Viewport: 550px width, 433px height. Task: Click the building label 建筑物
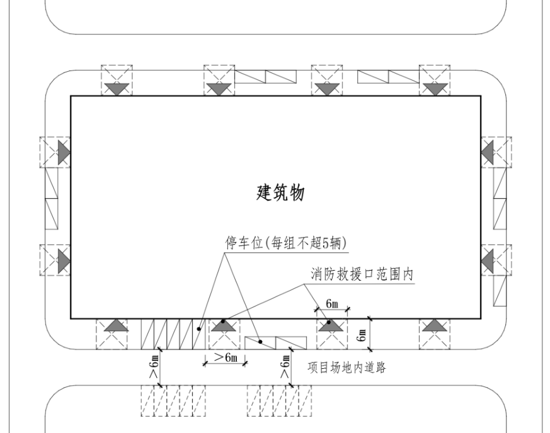click(280, 193)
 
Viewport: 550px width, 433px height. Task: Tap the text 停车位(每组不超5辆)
click(287, 243)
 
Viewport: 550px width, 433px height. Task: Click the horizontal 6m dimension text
click(332, 304)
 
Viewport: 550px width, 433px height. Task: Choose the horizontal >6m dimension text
click(225, 359)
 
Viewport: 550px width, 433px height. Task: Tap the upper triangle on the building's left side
click(63, 152)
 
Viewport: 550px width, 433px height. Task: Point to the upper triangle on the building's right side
click(487, 152)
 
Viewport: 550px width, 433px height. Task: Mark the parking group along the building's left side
click(51, 198)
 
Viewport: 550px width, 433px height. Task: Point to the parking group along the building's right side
click(500, 198)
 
